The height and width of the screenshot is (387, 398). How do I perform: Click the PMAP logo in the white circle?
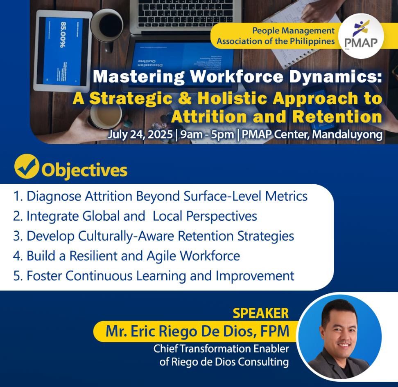point(361,36)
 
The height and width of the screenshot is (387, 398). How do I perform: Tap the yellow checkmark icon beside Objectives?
point(26,166)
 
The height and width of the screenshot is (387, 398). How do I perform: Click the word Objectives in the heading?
point(84,170)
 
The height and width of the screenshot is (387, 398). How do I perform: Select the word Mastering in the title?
point(138,76)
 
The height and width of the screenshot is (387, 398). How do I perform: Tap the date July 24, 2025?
point(140,134)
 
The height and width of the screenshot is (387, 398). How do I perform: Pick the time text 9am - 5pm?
point(207,134)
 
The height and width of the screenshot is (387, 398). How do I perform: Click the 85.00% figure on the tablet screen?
point(63,35)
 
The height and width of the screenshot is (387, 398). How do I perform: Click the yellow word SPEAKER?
point(261,313)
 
